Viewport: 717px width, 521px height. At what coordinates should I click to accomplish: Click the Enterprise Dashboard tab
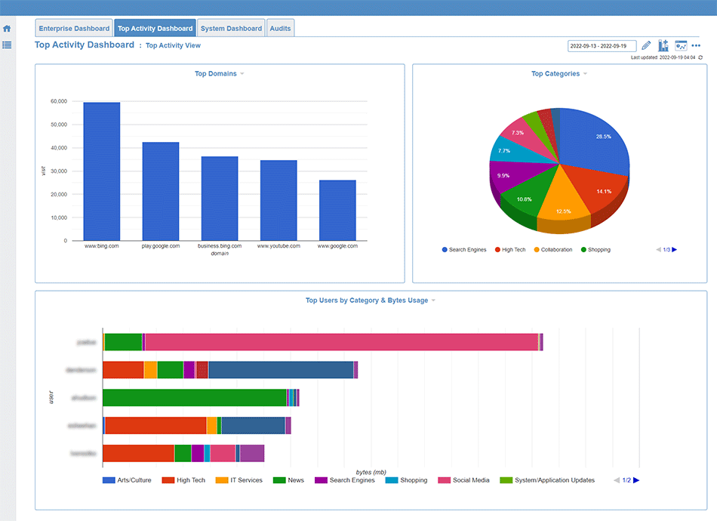pyautogui.click(x=74, y=29)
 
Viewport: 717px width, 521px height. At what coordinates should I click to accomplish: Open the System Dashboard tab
pyautogui.click(x=231, y=29)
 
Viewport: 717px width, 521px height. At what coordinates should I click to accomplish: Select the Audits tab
pyautogui.click(x=281, y=29)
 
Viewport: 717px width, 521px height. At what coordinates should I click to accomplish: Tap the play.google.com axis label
pyautogui.click(x=161, y=246)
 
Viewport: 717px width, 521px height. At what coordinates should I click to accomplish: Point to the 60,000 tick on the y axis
pyautogui.click(x=58, y=101)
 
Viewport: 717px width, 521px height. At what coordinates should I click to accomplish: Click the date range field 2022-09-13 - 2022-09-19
pyautogui.click(x=602, y=46)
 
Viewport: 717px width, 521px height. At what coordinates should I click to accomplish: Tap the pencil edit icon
pyautogui.click(x=646, y=46)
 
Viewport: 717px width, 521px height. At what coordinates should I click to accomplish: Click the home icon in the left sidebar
pyautogui.click(x=7, y=29)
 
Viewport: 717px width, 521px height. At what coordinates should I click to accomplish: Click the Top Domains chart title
pyautogui.click(x=216, y=74)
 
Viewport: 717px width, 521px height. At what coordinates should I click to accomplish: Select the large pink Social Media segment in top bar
pyautogui.click(x=340, y=342)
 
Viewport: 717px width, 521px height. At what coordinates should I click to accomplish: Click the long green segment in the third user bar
pyautogui.click(x=195, y=398)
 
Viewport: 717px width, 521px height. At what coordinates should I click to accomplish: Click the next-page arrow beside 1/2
pyautogui.click(x=636, y=480)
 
